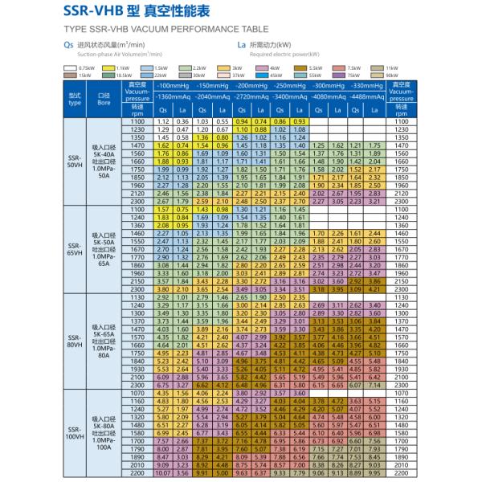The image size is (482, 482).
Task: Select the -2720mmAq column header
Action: pos(245,94)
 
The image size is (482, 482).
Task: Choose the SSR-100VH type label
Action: pos(75,434)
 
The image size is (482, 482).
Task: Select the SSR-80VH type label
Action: pos(75,344)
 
